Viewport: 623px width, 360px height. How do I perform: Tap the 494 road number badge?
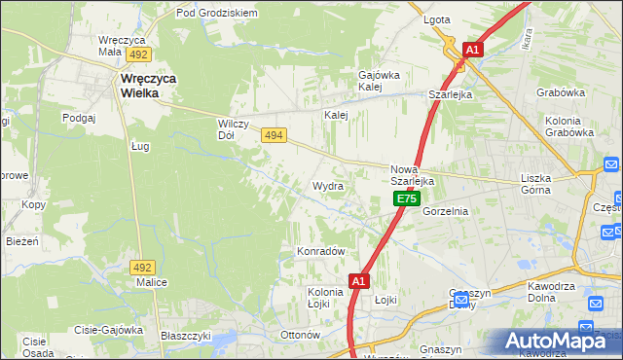point(274,137)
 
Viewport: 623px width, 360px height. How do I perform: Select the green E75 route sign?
point(407,198)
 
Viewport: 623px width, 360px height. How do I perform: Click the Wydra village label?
point(328,185)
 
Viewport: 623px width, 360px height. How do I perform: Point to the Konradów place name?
point(321,251)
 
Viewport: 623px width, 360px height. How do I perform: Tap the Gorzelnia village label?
point(446,211)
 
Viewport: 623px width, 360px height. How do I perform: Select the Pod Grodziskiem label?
point(216,14)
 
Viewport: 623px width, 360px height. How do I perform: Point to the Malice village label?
point(152,282)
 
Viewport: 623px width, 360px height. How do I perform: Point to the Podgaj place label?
point(79,117)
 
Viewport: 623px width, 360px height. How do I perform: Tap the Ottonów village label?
point(300,335)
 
